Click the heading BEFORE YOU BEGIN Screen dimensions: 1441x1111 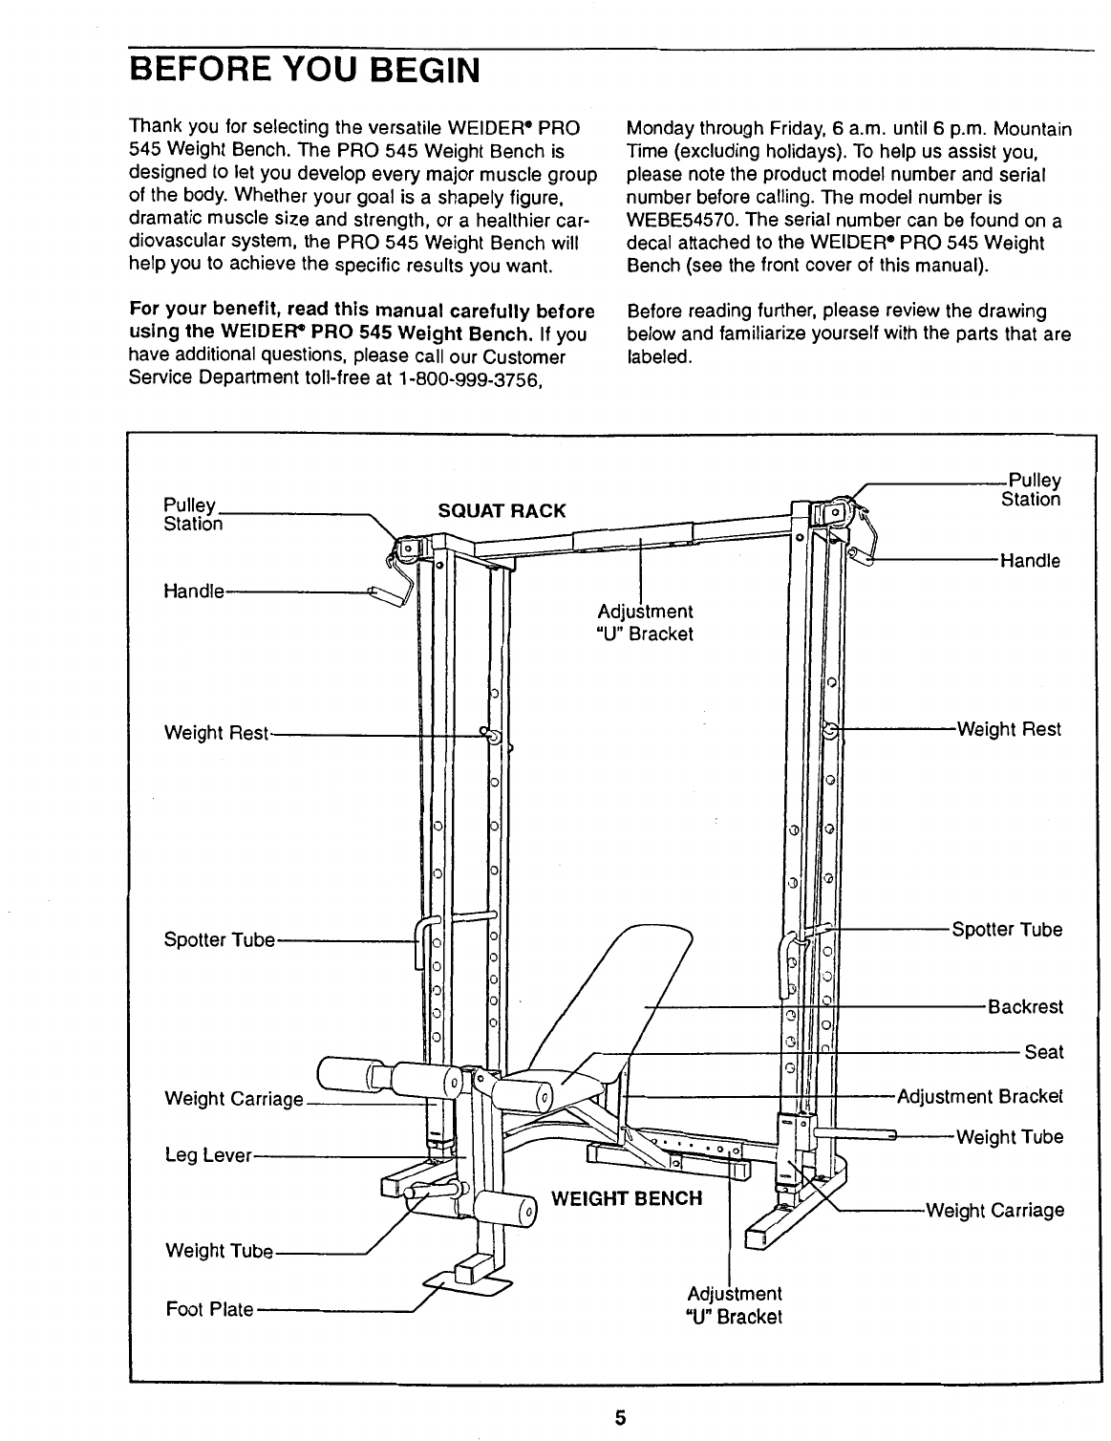(x=303, y=70)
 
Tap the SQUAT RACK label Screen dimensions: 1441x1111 (x=501, y=510)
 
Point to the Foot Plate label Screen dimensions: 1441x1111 (x=209, y=1309)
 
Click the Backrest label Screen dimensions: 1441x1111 (x=1025, y=1007)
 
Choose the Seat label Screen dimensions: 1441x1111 (x=1043, y=1052)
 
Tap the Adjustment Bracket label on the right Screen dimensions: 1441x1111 (x=979, y=1096)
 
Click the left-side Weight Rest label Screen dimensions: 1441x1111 (x=217, y=734)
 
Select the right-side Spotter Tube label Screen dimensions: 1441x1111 (x=1006, y=930)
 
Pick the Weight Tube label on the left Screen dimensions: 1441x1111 (x=219, y=1251)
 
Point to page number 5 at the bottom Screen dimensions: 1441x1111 (x=619, y=1417)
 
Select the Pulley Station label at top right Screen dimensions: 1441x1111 (x=1030, y=490)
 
